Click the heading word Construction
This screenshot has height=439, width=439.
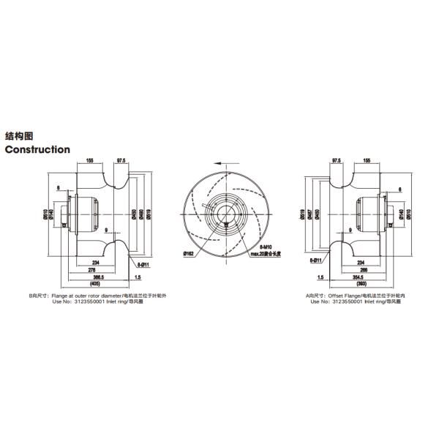pyautogui.click(x=37, y=149)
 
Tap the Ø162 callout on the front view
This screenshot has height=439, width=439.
pyautogui.click(x=189, y=252)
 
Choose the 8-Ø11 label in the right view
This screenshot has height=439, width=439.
pyautogui.click(x=315, y=260)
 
